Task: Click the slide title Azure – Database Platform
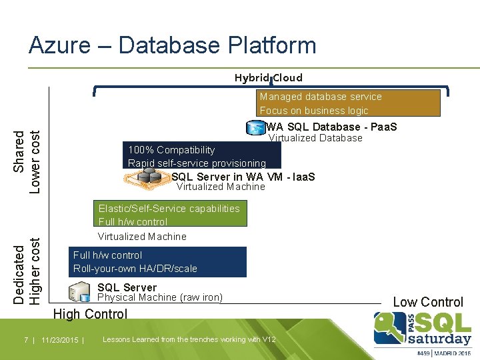(172, 45)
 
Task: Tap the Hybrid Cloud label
(268, 78)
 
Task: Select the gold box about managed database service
(349, 103)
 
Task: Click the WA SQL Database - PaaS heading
(331, 127)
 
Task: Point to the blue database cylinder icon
(255, 127)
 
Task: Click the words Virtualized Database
(315, 138)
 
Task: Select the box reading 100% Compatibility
(203, 156)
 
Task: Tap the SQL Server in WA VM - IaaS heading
(243, 177)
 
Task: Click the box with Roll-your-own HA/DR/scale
(157, 261)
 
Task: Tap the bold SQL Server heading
(127, 287)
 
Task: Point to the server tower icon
(80, 292)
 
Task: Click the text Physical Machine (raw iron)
(160, 297)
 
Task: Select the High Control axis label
(90, 314)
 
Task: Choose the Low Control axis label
(427, 302)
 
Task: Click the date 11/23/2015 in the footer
(59, 340)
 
